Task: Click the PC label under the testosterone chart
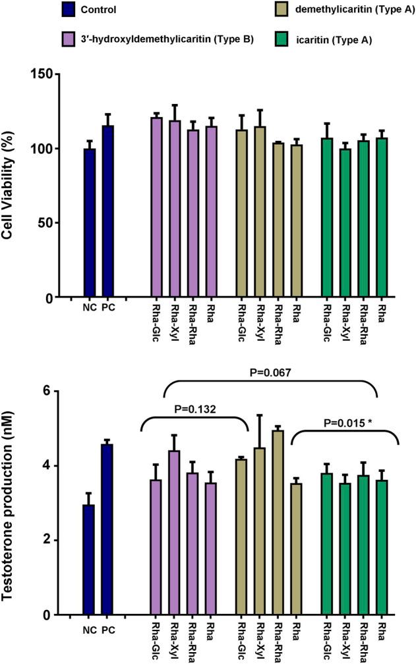click(108, 628)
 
